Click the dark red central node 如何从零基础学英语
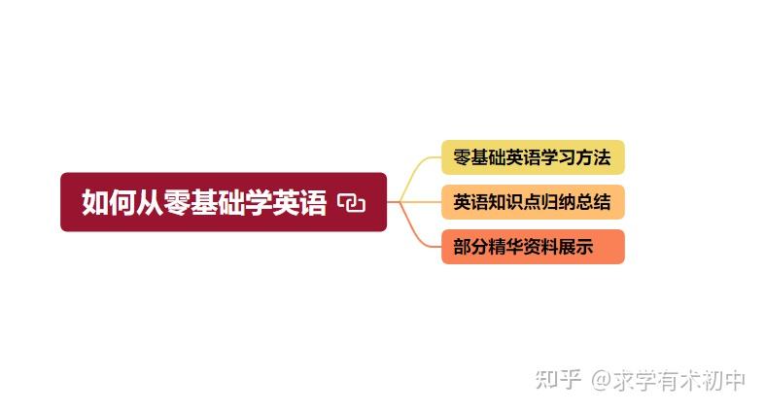pos(224,201)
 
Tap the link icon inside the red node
pos(351,202)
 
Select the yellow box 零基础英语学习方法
pos(532,157)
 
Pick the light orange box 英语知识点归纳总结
pos(532,202)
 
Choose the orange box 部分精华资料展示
pos(532,247)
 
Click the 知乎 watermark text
pos(558,379)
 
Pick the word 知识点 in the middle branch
pos(512,202)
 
